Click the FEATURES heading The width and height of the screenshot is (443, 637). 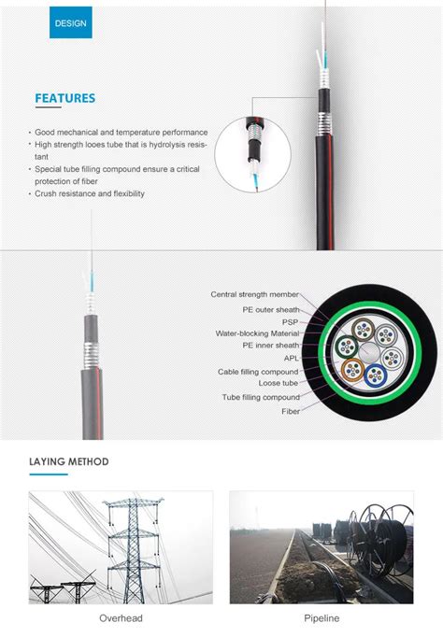pos(64,98)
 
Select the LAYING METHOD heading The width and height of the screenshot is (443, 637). pos(68,461)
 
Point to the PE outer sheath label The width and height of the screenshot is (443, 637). pos(271,307)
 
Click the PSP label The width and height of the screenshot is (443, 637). pos(291,320)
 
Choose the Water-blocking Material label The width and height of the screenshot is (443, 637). pos(257,333)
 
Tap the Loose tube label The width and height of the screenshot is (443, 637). pos(279,383)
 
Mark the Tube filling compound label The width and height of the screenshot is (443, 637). pos(261,397)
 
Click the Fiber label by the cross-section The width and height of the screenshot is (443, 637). pos(291,410)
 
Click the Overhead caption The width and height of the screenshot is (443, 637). pos(121,618)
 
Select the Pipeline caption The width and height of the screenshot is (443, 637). pos(322,618)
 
